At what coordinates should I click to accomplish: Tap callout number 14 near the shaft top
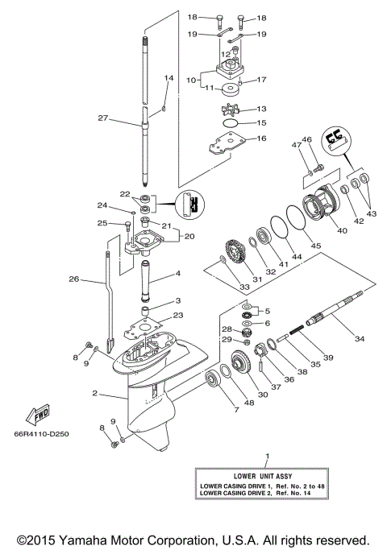tap(169, 78)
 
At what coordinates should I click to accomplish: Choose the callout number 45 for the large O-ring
tap(315, 246)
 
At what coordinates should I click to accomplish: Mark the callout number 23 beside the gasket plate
tap(178, 315)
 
